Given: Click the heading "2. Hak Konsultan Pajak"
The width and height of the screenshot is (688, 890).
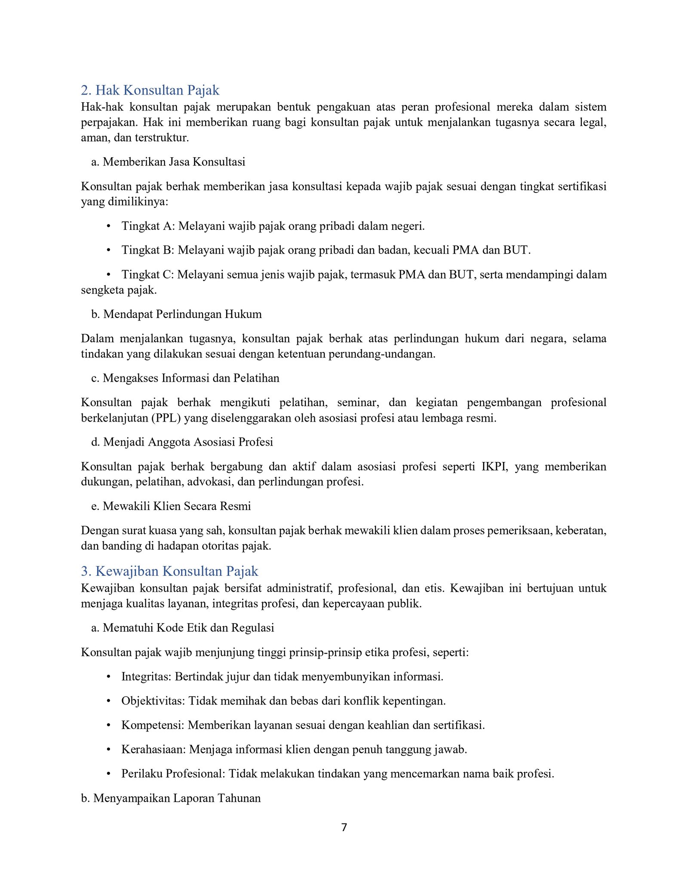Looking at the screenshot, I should [x=150, y=90].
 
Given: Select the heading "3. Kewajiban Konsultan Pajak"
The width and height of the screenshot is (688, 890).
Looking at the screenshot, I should [x=169, y=571].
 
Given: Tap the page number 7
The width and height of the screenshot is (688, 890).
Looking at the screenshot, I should [x=344, y=827].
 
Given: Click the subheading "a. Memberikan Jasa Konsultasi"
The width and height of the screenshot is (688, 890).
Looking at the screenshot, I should [x=168, y=162].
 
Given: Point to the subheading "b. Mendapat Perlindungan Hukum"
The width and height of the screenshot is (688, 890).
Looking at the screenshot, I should [x=176, y=314].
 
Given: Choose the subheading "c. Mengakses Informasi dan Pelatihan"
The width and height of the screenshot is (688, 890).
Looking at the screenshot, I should [x=185, y=378].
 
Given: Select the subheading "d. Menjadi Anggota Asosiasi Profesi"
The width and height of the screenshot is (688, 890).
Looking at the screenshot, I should [x=182, y=442].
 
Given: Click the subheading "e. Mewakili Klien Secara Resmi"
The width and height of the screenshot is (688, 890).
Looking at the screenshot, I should [x=171, y=506].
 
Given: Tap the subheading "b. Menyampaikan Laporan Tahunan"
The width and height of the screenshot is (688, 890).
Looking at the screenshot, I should [x=171, y=798].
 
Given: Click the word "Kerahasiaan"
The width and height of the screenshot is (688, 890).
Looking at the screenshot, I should [x=153, y=749].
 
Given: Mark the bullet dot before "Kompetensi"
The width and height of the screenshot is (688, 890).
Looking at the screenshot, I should [x=109, y=725].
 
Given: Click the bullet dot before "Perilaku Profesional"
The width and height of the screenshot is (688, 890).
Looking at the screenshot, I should [x=109, y=774].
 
